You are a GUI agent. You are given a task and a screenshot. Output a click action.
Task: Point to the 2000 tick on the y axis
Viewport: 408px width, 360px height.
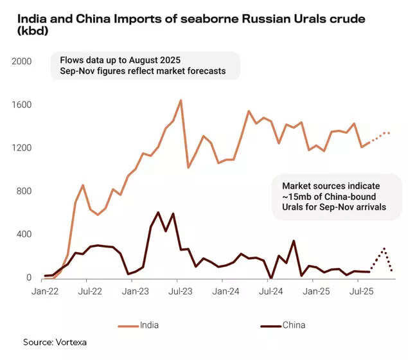[x=21, y=62]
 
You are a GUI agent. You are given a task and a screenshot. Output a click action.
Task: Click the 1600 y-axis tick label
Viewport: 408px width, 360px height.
[x=21, y=105]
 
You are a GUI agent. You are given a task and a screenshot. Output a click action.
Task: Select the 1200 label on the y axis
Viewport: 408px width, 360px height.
[x=21, y=148]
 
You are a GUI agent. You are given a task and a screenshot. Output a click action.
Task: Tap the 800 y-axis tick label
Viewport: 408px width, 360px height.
[x=23, y=192]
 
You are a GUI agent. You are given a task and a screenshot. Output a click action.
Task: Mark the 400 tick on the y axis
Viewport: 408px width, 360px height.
[x=23, y=235]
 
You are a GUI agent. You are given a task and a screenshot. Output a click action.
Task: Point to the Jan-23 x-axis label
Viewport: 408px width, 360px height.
[x=136, y=291]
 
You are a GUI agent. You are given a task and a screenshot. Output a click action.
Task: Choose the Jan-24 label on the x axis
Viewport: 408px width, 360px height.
[x=227, y=291]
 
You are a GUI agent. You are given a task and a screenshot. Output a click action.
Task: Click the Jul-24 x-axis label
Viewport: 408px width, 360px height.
[x=271, y=291]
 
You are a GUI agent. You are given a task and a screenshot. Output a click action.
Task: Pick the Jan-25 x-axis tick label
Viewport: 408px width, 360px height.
[x=317, y=291]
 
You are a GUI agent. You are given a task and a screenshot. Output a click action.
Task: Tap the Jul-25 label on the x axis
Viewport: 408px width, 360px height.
[x=362, y=291]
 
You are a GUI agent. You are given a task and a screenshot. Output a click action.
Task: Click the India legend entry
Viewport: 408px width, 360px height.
[x=149, y=325]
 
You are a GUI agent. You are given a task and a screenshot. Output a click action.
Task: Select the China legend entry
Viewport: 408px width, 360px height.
[x=294, y=325]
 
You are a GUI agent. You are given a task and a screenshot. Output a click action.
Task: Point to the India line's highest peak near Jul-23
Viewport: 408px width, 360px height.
[x=181, y=100]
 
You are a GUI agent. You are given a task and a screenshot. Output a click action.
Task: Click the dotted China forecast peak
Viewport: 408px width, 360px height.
[x=384, y=248]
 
